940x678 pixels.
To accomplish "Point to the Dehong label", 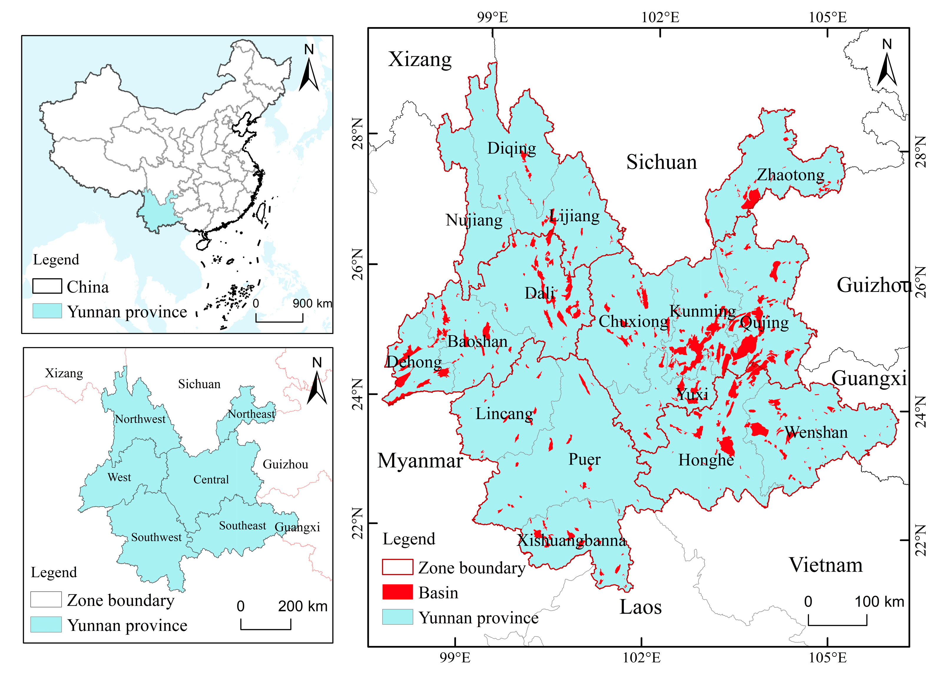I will pos(414,362).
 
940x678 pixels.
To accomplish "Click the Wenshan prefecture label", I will pos(816,432).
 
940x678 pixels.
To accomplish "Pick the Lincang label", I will pos(504,414).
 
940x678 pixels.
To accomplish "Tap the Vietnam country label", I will pos(825,565).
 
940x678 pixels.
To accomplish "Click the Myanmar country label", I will pos(420,461).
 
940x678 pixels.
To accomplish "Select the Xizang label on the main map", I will pos(420,59).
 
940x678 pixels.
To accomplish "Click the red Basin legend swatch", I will pos(397,592).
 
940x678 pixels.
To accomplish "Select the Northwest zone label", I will pos(140,419).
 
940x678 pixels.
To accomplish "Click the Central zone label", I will pos(211,479).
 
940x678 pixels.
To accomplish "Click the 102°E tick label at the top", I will pos(660,17).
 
